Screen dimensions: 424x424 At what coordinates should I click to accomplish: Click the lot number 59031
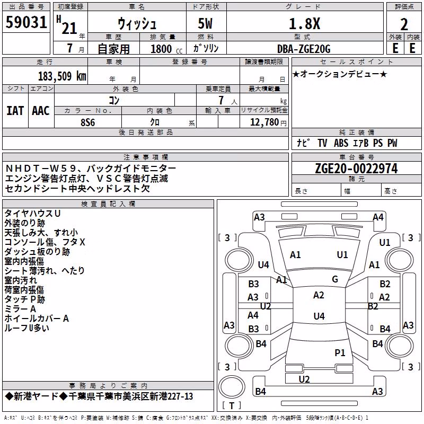26,22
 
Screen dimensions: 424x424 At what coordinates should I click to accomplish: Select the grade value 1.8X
304,23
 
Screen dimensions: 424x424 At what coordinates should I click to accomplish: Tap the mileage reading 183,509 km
62,76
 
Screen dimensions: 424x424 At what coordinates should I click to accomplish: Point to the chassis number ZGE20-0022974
356,169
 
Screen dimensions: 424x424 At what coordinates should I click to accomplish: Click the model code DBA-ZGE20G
304,49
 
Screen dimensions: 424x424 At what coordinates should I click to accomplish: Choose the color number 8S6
88,122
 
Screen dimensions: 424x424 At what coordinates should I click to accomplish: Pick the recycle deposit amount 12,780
264,122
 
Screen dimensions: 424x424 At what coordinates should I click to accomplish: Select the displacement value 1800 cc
166,49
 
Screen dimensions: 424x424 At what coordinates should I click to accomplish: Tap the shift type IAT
15,111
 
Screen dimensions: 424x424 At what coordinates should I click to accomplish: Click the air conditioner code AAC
41,111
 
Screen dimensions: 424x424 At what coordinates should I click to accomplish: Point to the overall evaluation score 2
404,24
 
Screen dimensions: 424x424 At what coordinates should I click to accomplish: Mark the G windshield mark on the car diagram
335,279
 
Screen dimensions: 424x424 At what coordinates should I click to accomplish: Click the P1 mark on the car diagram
340,352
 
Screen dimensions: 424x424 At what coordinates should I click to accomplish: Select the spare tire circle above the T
232,387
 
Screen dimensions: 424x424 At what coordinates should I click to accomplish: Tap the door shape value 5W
205,23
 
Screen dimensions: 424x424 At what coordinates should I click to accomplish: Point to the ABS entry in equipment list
341,143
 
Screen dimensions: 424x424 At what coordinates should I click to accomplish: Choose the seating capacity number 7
221,100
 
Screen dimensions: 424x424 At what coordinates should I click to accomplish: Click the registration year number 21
69,28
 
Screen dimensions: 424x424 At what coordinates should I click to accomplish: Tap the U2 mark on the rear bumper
304,379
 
